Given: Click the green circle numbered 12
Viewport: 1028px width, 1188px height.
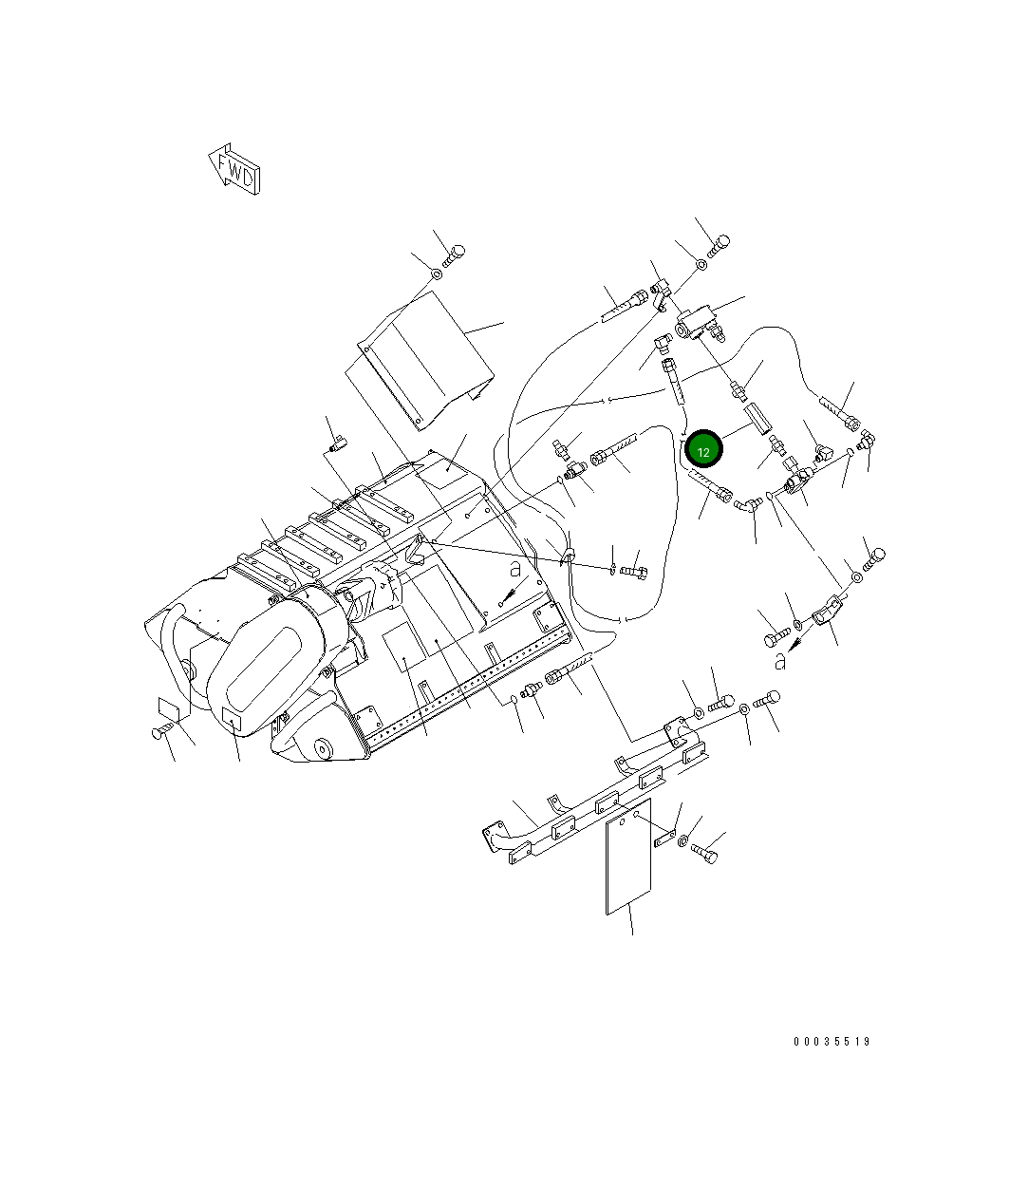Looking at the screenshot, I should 703,449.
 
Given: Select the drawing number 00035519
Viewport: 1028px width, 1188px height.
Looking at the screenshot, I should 832,1042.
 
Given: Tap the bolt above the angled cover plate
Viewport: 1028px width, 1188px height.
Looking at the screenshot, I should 454,255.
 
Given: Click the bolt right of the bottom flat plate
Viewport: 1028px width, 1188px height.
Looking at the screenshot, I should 705,853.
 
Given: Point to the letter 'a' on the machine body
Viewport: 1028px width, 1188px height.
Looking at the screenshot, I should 514,571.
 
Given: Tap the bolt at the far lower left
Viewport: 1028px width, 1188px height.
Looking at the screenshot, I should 163,731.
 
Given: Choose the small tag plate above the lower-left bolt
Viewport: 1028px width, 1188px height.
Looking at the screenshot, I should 170,708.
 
